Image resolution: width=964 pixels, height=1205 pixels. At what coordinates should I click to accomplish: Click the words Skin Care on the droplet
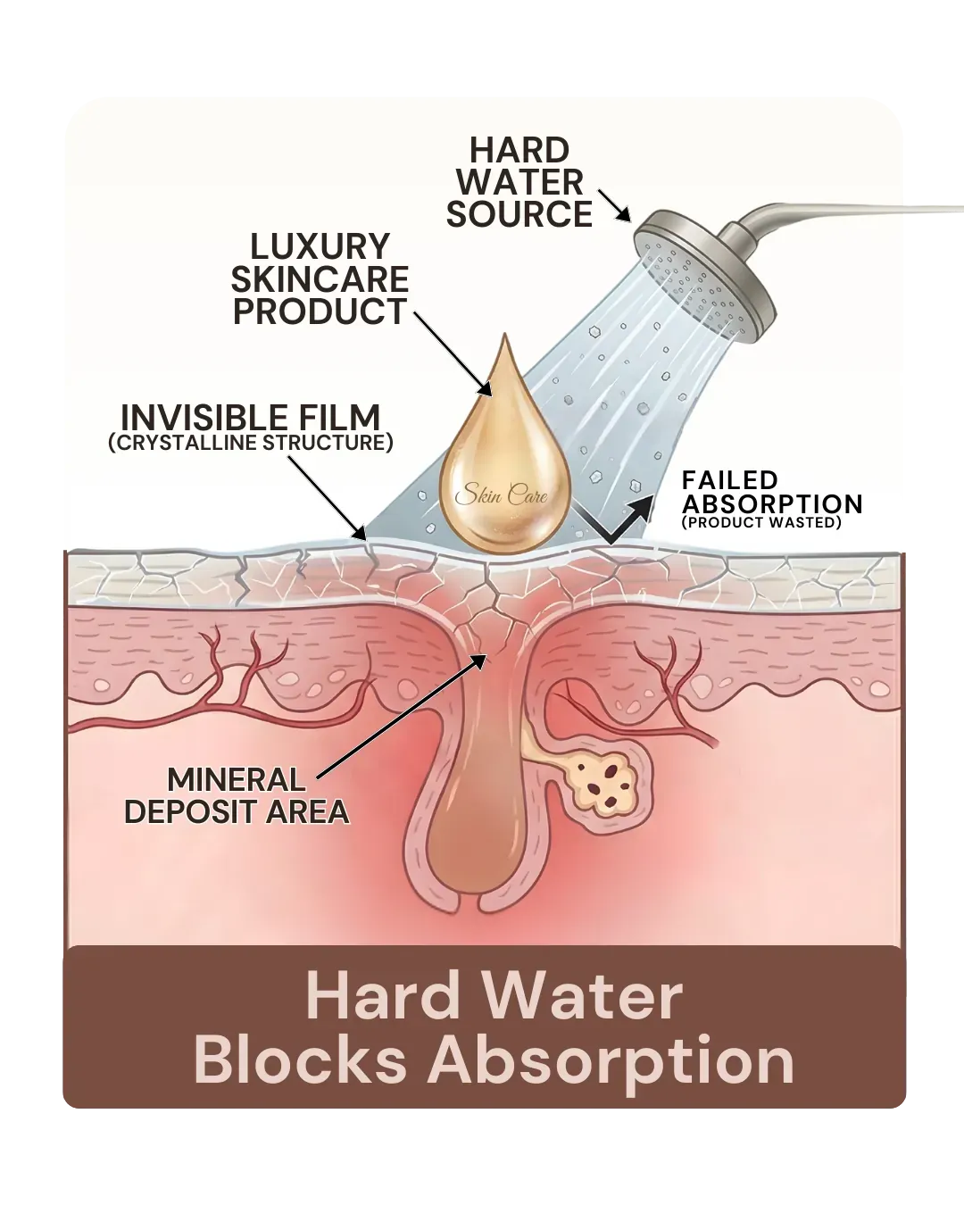click(x=502, y=495)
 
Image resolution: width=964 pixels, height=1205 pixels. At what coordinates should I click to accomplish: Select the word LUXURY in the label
click(x=320, y=246)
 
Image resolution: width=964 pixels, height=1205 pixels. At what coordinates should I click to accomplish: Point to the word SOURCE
click(x=519, y=214)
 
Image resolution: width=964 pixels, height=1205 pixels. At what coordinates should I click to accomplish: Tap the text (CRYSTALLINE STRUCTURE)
click(x=251, y=443)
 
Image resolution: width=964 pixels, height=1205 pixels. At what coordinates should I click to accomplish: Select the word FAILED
click(x=730, y=480)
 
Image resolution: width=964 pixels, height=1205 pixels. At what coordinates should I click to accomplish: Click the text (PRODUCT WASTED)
click(x=761, y=522)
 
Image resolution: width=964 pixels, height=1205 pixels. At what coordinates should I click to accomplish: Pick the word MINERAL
click(x=237, y=780)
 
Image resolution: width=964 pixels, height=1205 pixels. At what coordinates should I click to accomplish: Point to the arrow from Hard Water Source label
click(x=614, y=205)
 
